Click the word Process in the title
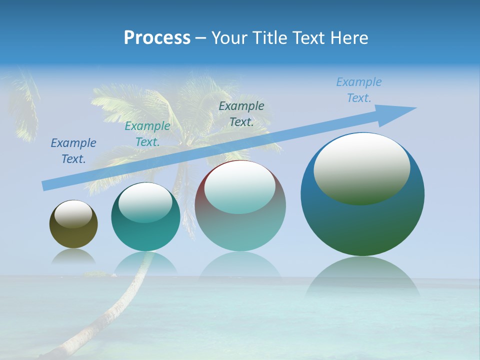pyautogui.click(x=157, y=37)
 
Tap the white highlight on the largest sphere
pyautogui.click(x=362, y=167)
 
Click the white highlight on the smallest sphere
pyautogui.click(x=73, y=214)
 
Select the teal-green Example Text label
pyautogui.click(x=147, y=134)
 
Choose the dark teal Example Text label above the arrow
pyautogui.click(x=241, y=113)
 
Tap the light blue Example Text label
pyautogui.click(x=358, y=90)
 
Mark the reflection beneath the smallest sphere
pyautogui.click(x=73, y=256)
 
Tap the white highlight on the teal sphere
pyautogui.click(x=145, y=202)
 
